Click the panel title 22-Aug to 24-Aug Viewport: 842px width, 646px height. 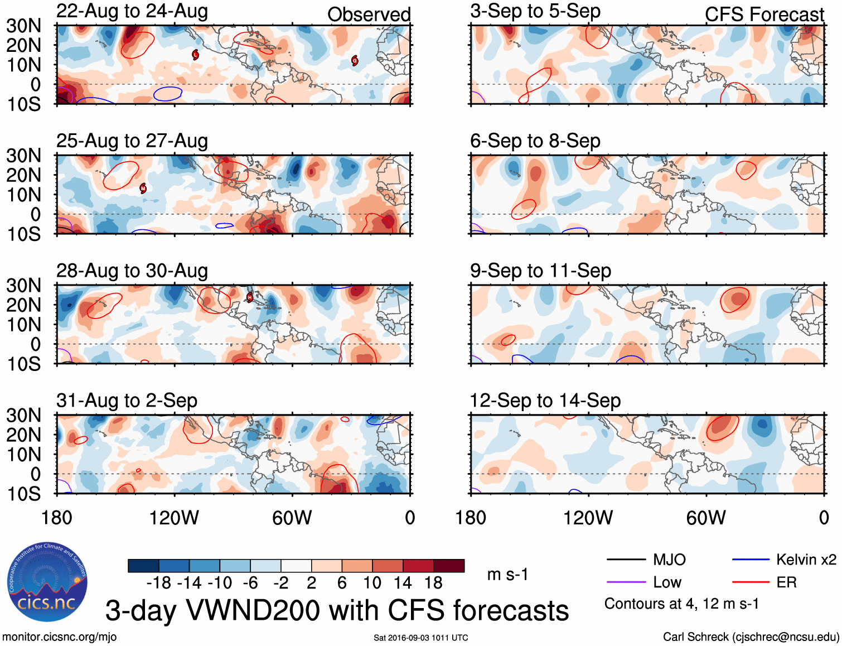[132, 11]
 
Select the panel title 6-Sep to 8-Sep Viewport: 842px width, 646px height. [535, 141]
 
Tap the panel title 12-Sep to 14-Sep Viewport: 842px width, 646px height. [545, 401]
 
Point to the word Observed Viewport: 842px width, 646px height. [369, 15]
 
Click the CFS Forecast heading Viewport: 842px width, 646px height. [764, 15]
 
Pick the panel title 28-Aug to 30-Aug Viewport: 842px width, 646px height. [132, 271]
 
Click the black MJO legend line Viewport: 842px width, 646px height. [626, 560]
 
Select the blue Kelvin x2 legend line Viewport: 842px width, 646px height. [751, 560]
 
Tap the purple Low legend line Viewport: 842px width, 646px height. [626, 582]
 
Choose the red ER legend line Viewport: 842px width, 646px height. [751, 582]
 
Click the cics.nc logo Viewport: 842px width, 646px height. [47, 582]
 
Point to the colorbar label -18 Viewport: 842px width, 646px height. [159, 583]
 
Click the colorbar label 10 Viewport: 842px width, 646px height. [372, 583]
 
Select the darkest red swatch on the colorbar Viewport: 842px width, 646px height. [449, 566]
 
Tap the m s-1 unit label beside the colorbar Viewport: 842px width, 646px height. [507, 575]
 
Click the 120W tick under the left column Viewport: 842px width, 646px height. [174, 518]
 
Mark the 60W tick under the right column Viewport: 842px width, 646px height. [706, 518]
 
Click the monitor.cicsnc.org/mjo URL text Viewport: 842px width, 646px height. [60, 637]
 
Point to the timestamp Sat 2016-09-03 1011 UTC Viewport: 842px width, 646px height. [421, 638]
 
